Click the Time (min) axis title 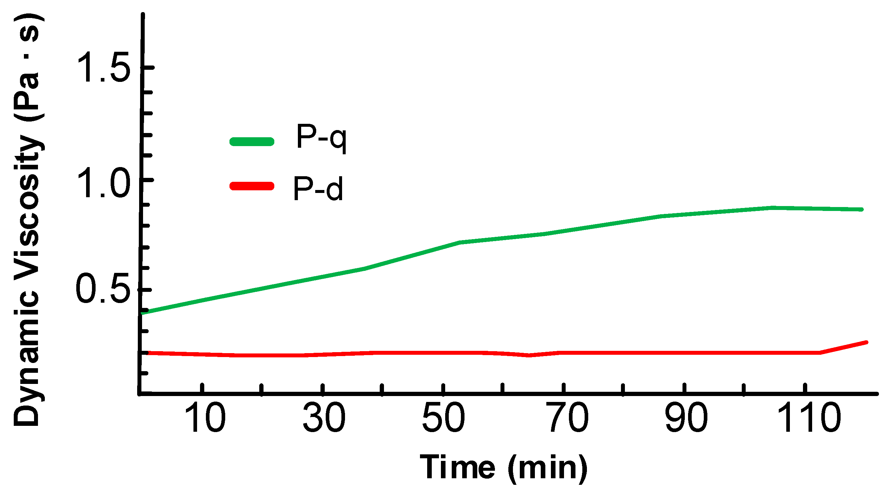tap(504, 468)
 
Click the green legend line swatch tap(252, 142)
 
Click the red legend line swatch tap(252, 186)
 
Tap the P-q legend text tap(321, 138)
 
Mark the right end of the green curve tap(862, 209)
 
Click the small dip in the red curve tap(529, 355)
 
